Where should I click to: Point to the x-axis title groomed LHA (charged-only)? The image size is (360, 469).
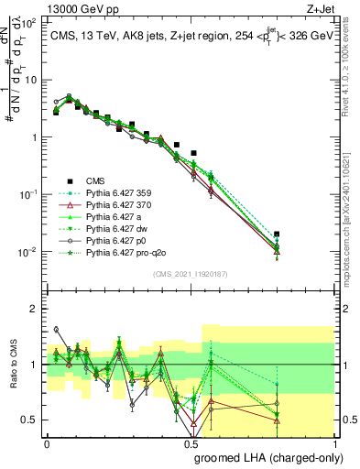click(279, 457)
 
